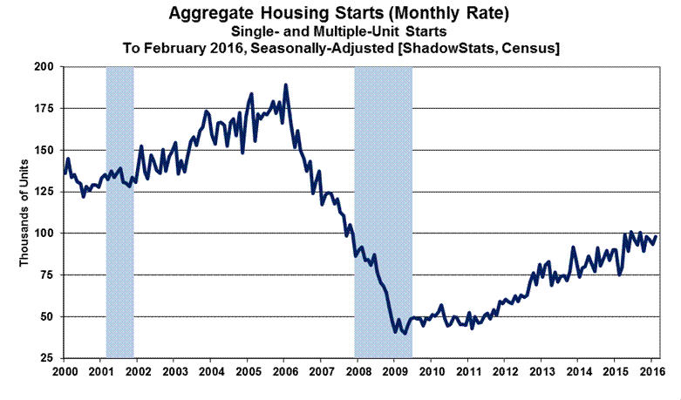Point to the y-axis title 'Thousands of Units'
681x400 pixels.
(x=25, y=213)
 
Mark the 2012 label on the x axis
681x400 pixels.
(x=506, y=372)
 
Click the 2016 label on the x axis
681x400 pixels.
(x=652, y=372)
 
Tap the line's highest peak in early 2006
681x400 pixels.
(x=286, y=85)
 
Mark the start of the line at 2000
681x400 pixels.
(x=65, y=174)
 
